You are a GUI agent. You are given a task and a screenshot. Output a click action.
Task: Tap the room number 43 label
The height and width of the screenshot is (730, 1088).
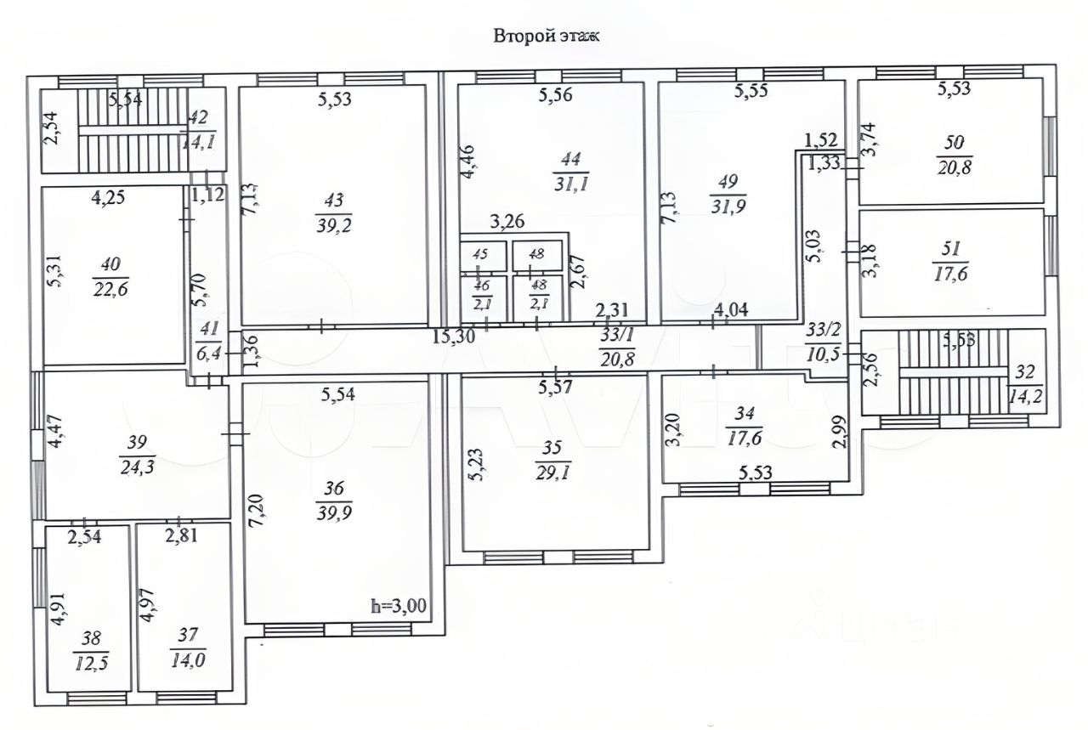(334, 201)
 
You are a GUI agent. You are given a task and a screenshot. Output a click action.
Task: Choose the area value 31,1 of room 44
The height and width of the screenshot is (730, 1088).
(567, 179)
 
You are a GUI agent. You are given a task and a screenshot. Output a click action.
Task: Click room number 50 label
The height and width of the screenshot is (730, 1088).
(952, 143)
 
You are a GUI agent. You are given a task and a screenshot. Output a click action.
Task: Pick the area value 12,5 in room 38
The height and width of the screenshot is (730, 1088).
(86, 660)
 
